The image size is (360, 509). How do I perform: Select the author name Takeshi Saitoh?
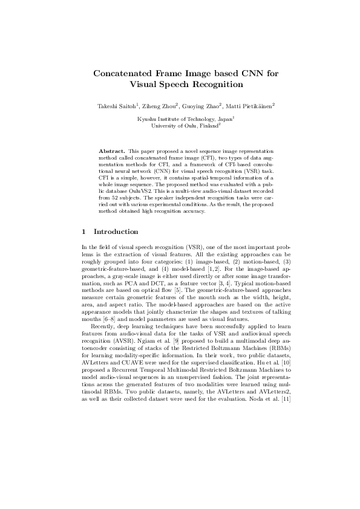115,106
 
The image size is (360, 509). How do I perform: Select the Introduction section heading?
116,232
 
